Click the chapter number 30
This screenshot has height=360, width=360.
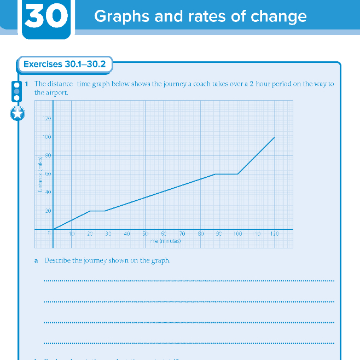pyautogui.click(x=47, y=16)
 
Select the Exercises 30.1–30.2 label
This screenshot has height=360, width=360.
pyautogui.click(x=65, y=64)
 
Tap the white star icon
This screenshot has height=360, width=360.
pyautogui.click(x=18, y=114)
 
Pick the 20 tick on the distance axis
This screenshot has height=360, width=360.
pyautogui.click(x=48, y=211)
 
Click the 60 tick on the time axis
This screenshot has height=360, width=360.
pyautogui.click(x=164, y=234)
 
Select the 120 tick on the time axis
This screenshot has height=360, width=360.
pyautogui.click(x=274, y=234)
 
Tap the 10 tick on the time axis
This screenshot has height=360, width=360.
pyautogui.click(x=71, y=234)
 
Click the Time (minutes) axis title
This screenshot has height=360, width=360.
pyautogui.click(x=163, y=241)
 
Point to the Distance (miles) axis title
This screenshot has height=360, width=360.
pyautogui.click(x=40, y=174)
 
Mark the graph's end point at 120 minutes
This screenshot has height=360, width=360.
pyautogui.click(x=274, y=137)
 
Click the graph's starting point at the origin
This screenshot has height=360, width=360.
pyautogui.click(x=53, y=229)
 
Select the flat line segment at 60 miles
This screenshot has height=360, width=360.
pyautogui.click(x=227, y=174)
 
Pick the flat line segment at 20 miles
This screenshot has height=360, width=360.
pyautogui.click(x=97, y=211)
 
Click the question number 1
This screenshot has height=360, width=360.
pyautogui.click(x=26, y=84)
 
